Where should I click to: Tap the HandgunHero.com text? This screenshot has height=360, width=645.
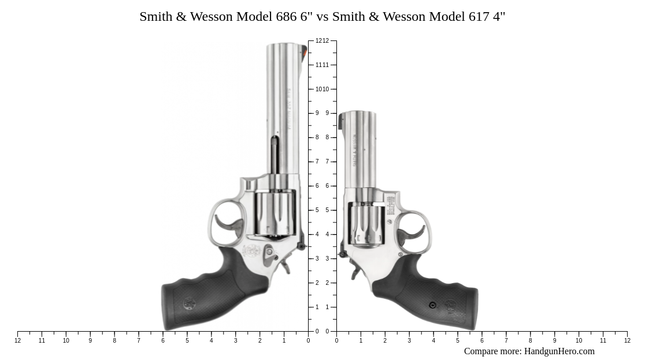pyautogui.click(x=559, y=351)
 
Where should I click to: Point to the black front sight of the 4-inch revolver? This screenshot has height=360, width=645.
pyautogui.click(x=340, y=121)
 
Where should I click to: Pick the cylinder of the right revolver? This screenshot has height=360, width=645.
pyautogui.click(x=366, y=224)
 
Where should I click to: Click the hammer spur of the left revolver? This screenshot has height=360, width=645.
pyautogui.click(x=286, y=267)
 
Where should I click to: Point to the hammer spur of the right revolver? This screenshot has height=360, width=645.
pyautogui.click(x=354, y=272)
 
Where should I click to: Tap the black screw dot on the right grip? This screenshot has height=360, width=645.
pyautogui.click(x=432, y=305)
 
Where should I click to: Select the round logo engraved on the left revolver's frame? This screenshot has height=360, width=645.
pyautogui.click(x=251, y=251)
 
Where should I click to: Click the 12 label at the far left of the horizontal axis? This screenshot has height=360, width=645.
pyautogui.click(x=17, y=340)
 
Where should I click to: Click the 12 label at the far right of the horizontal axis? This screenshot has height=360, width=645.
pyautogui.click(x=627, y=340)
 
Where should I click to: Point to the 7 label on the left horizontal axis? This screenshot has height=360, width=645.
pyautogui.click(x=139, y=340)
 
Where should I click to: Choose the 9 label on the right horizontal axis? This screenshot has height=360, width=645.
pyautogui.click(x=554, y=340)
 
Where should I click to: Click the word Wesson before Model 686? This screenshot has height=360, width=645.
pyautogui.click(x=212, y=16)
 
